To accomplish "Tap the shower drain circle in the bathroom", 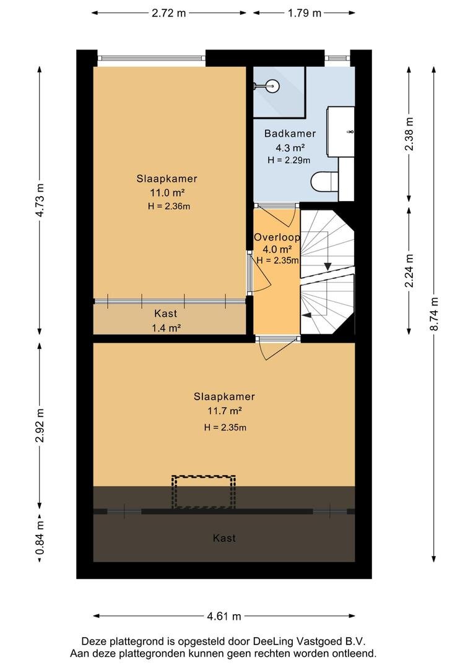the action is pyautogui.click(x=274, y=86).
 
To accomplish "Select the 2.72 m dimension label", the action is pyautogui.click(x=169, y=13).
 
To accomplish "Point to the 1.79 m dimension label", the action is pyautogui.click(x=304, y=13).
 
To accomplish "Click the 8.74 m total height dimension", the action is pyautogui.click(x=434, y=314).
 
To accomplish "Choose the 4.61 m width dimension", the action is pyautogui.click(x=224, y=616).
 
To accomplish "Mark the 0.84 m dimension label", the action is pyautogui.click(x=40, y=538).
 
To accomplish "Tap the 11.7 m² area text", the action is pyautogui.click(x=225, y=411).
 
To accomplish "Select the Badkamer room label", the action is pyautogui.click(x=290, y=134).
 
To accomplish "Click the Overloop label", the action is pyautogui.click(x=277, y=238).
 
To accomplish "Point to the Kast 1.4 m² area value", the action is pyautogui.click(x=166, y=328).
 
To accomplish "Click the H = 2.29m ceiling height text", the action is pyautogui.click(x=289, y=160).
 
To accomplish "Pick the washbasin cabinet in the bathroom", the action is pyautogui.click(x=341, y=131).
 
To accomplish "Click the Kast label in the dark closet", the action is pyautogui.click(x=224, y=538).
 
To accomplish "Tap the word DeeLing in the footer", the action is pyautogui.click(x=271, y=641).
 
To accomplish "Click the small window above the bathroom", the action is pyautogui.click(x=337, y=58).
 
